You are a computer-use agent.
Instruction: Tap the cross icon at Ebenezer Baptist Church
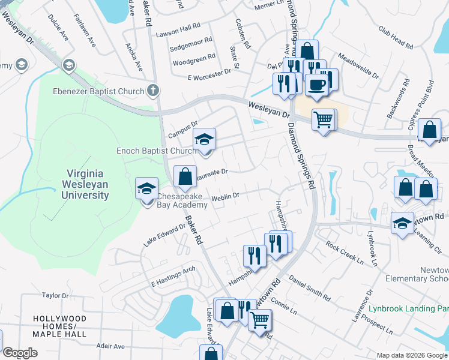coord(153,91)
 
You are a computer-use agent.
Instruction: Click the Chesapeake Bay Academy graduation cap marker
coord(147,188)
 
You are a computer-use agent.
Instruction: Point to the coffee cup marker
coord(316,85)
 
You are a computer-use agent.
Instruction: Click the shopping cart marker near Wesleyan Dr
coord(324,120)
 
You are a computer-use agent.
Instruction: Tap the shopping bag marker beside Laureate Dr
coord(185,176)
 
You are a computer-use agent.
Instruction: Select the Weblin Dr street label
coord(225,196)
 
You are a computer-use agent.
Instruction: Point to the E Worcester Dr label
coord(209,74)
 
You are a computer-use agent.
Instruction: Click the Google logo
coord(20,353)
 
